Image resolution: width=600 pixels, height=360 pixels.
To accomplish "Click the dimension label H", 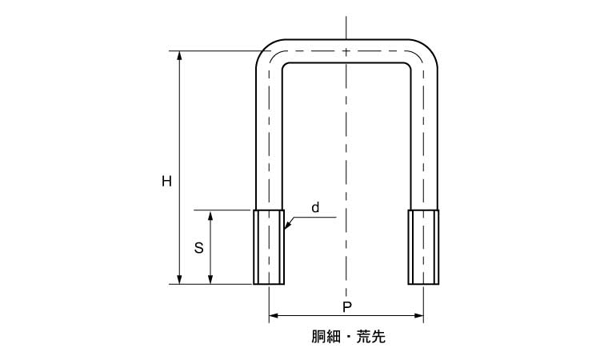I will click(x=166, y=182).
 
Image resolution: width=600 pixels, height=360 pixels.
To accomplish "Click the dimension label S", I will click(x=199, y=248).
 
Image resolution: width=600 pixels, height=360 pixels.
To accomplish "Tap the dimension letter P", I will click(x=346, y=307).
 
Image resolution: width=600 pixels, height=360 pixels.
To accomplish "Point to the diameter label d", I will click(x=315, y=208).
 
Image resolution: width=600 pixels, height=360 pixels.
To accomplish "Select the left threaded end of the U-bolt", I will click(x=269, y=246).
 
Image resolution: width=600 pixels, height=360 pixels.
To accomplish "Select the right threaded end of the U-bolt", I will click(x=423, y=246).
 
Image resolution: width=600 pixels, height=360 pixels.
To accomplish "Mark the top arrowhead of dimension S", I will click(x=211, y=215).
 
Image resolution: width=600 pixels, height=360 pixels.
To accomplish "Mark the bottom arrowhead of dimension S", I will click(x=211, y=278).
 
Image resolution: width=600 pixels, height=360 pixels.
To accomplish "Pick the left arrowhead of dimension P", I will click(x=274, y=317).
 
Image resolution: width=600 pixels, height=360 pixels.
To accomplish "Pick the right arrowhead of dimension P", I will click(x=418, y=317).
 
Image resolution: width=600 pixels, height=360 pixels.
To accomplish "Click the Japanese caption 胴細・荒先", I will click(x=346, y=338).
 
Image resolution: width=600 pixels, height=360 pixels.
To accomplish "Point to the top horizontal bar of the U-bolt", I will click(x=346, y=50).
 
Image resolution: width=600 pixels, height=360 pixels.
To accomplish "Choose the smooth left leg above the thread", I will click(x=269, y=136).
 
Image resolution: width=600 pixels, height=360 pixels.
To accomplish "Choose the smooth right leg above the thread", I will click(x=423, y=136).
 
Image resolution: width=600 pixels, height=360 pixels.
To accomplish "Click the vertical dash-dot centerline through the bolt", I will click(x=346, y=160).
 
